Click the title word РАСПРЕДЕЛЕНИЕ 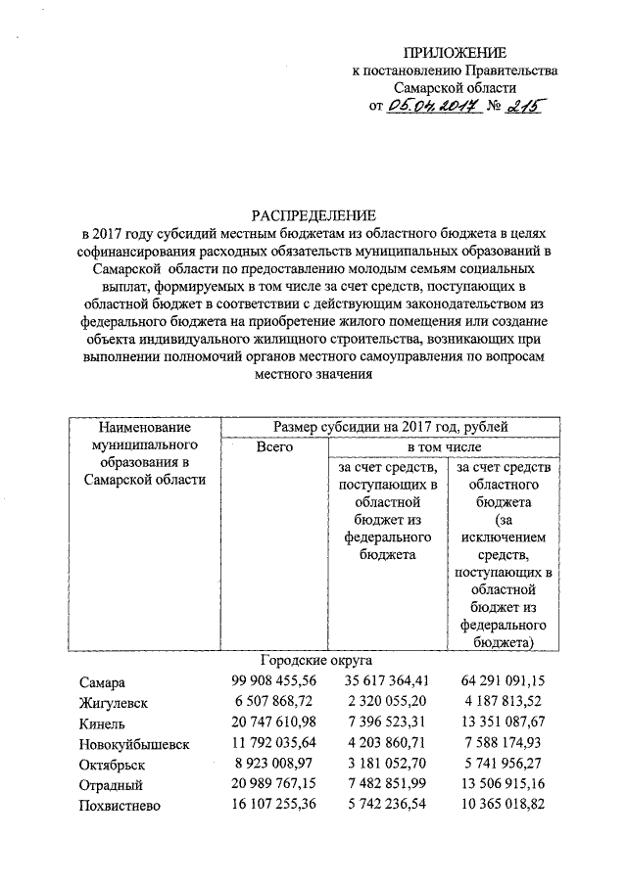pyautogui.click(x=313, y=214)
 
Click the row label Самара pyautogui.click(x=103, y=682)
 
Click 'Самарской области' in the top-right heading pyautogui.click(x=457, y=87)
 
